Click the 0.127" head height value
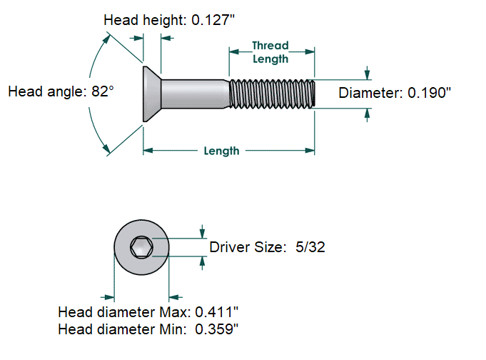tap(213, 20)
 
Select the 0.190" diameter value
tap(427, 93)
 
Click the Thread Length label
tap(270, 52)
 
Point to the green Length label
tap(221, 151)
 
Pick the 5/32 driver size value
tap(311, 247)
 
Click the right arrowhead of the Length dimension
tap(310, 151)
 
